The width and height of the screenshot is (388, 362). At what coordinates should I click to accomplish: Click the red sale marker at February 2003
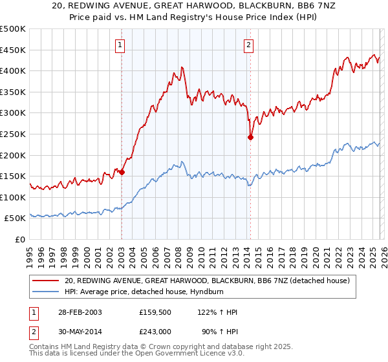coord(122,173)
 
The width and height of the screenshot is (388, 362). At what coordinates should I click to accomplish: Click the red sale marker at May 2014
coord(250,137)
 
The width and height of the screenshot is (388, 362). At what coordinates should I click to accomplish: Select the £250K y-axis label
coord(13,134)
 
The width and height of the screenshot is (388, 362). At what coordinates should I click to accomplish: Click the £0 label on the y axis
coord(20,240)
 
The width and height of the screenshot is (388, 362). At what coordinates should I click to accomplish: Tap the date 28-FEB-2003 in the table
coord(78,312)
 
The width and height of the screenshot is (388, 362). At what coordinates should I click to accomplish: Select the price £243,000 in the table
coord(156,330)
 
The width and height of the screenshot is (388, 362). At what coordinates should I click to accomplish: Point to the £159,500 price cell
coord(156,312)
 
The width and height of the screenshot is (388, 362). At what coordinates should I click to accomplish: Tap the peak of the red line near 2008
coord(182,67)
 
